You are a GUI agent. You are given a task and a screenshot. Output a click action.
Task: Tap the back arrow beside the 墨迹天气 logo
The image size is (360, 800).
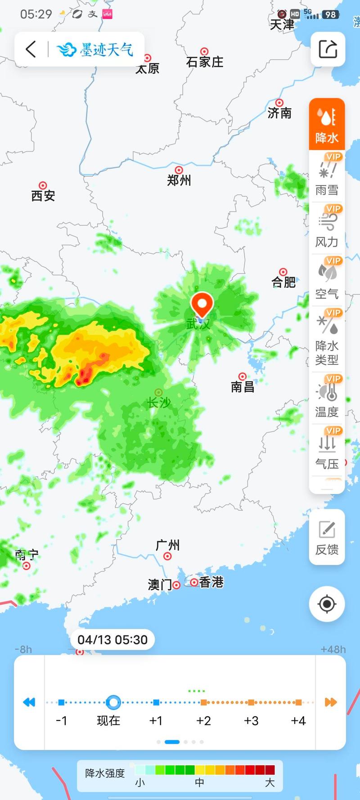pos(31,49)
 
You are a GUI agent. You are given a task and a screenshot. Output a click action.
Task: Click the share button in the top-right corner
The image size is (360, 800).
pos(328,49)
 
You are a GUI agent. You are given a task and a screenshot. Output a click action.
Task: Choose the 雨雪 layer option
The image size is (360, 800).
pos(327,177)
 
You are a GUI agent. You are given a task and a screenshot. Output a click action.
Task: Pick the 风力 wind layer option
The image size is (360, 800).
pos(327,229)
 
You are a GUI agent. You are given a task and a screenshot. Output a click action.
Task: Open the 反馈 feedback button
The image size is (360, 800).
pos(327,537)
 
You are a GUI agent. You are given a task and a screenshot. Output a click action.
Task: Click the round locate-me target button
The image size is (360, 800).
pos(327,604)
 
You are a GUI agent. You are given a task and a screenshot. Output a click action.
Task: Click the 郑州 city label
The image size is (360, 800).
pos(179,180)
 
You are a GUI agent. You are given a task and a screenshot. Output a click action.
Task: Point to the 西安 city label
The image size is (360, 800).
pos(43,195)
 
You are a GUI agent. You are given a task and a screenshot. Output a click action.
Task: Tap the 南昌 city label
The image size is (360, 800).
pos(243,387)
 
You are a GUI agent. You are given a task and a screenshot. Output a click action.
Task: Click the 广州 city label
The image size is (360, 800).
pos(167,545)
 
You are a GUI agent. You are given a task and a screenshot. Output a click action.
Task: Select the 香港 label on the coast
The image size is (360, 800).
pos(211,582)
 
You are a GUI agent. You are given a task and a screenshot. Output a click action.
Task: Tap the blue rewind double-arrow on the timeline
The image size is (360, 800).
pos(29,702)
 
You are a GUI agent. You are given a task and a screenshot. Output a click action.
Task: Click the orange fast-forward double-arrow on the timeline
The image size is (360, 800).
pos(331,702)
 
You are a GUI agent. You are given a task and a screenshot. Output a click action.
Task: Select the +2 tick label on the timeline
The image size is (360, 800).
pos(203,721)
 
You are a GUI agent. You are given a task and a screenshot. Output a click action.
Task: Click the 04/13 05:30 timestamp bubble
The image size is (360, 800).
pos(112,640)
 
